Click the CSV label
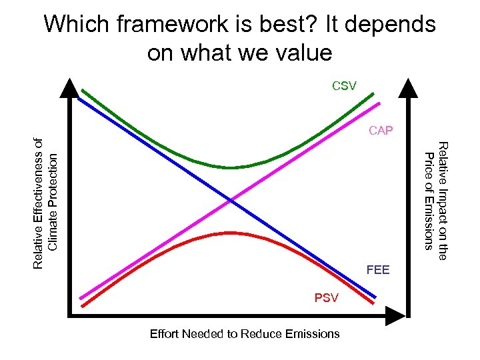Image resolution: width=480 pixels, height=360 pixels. [345, 85]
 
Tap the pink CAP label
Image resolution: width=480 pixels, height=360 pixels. [381, 130]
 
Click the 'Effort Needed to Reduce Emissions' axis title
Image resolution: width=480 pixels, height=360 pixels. [245, 333]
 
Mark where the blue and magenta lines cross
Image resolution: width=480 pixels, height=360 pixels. [231, 199]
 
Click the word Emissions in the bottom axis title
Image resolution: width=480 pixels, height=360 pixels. [313, 333]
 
